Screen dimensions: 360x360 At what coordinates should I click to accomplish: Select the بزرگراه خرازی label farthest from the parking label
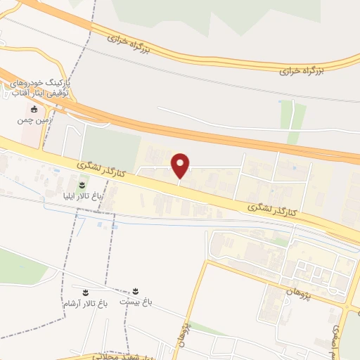pos(302,70)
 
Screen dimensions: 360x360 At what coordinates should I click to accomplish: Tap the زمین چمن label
pos(34,121)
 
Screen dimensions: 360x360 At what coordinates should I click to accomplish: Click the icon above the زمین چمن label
pos(34,109)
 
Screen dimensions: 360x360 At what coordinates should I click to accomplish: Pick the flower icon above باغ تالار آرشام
pos(84,292)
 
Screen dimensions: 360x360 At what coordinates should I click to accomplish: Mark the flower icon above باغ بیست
pos(135,291)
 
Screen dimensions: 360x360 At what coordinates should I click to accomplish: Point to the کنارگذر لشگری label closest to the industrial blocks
pos(273,210)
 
